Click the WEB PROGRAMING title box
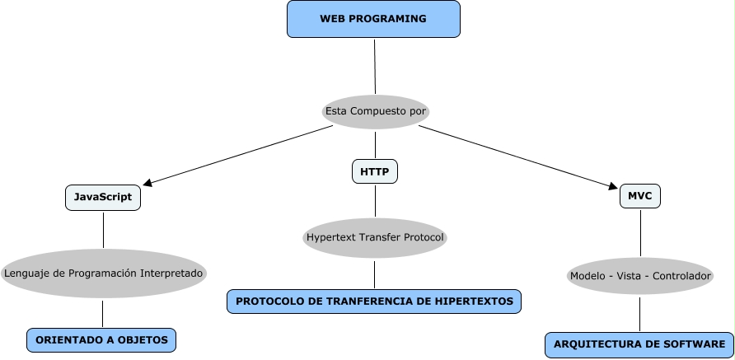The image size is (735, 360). [x=373, y=19]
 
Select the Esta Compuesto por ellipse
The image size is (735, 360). [x=376, y=111]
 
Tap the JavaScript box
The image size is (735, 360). [x=103, y=198]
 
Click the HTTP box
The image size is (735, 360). [x=375, y=171]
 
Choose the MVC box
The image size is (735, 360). [x=640, y=197]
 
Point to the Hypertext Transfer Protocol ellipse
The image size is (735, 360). [x=375, y=237]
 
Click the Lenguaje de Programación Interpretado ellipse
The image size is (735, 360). [x=103, y=273]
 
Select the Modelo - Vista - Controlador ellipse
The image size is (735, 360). [x=640, y=276]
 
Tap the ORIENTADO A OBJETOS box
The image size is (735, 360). [x=101, y=339]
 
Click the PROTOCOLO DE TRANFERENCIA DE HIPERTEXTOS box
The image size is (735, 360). [x=374, y=302]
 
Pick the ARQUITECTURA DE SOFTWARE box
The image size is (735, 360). [x=639, y=344]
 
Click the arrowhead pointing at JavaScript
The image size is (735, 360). [x=148, y=183]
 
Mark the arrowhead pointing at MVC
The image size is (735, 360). [x=612, y=187]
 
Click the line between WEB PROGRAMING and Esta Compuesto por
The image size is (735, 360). [x=375, y=66]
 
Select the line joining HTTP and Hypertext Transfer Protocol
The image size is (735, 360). [x=375, y=201]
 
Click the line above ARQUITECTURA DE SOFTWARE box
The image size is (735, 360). [x=639, y=315]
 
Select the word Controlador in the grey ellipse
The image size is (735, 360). [x=681, y=277]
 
